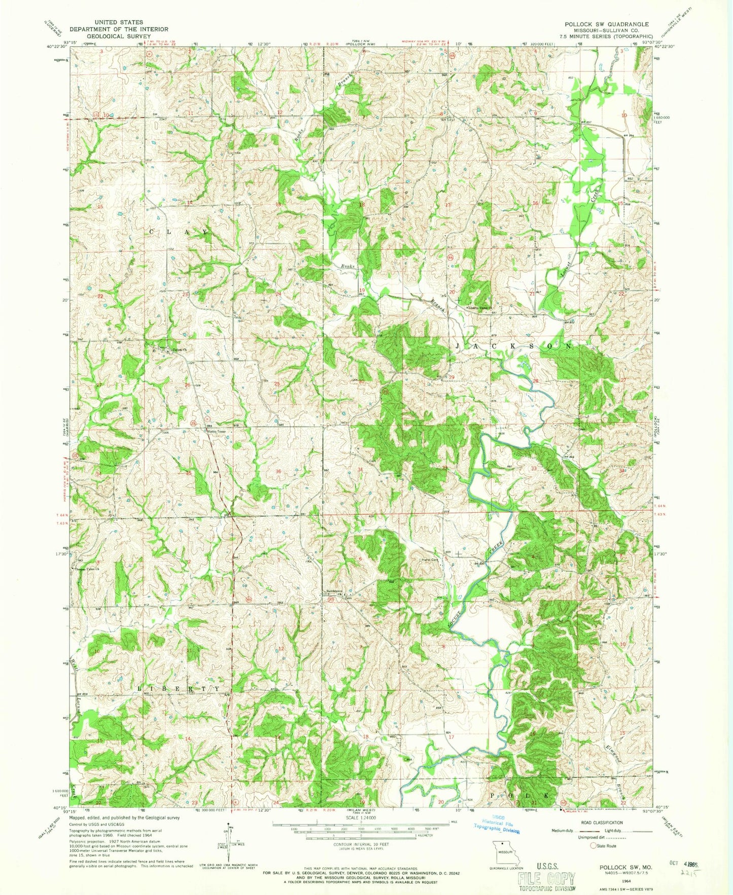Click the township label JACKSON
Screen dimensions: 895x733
(512, 346)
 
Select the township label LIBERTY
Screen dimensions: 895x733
(179, 689)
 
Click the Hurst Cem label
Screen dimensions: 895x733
(431, 560)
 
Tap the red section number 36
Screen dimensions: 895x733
(278, 472)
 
